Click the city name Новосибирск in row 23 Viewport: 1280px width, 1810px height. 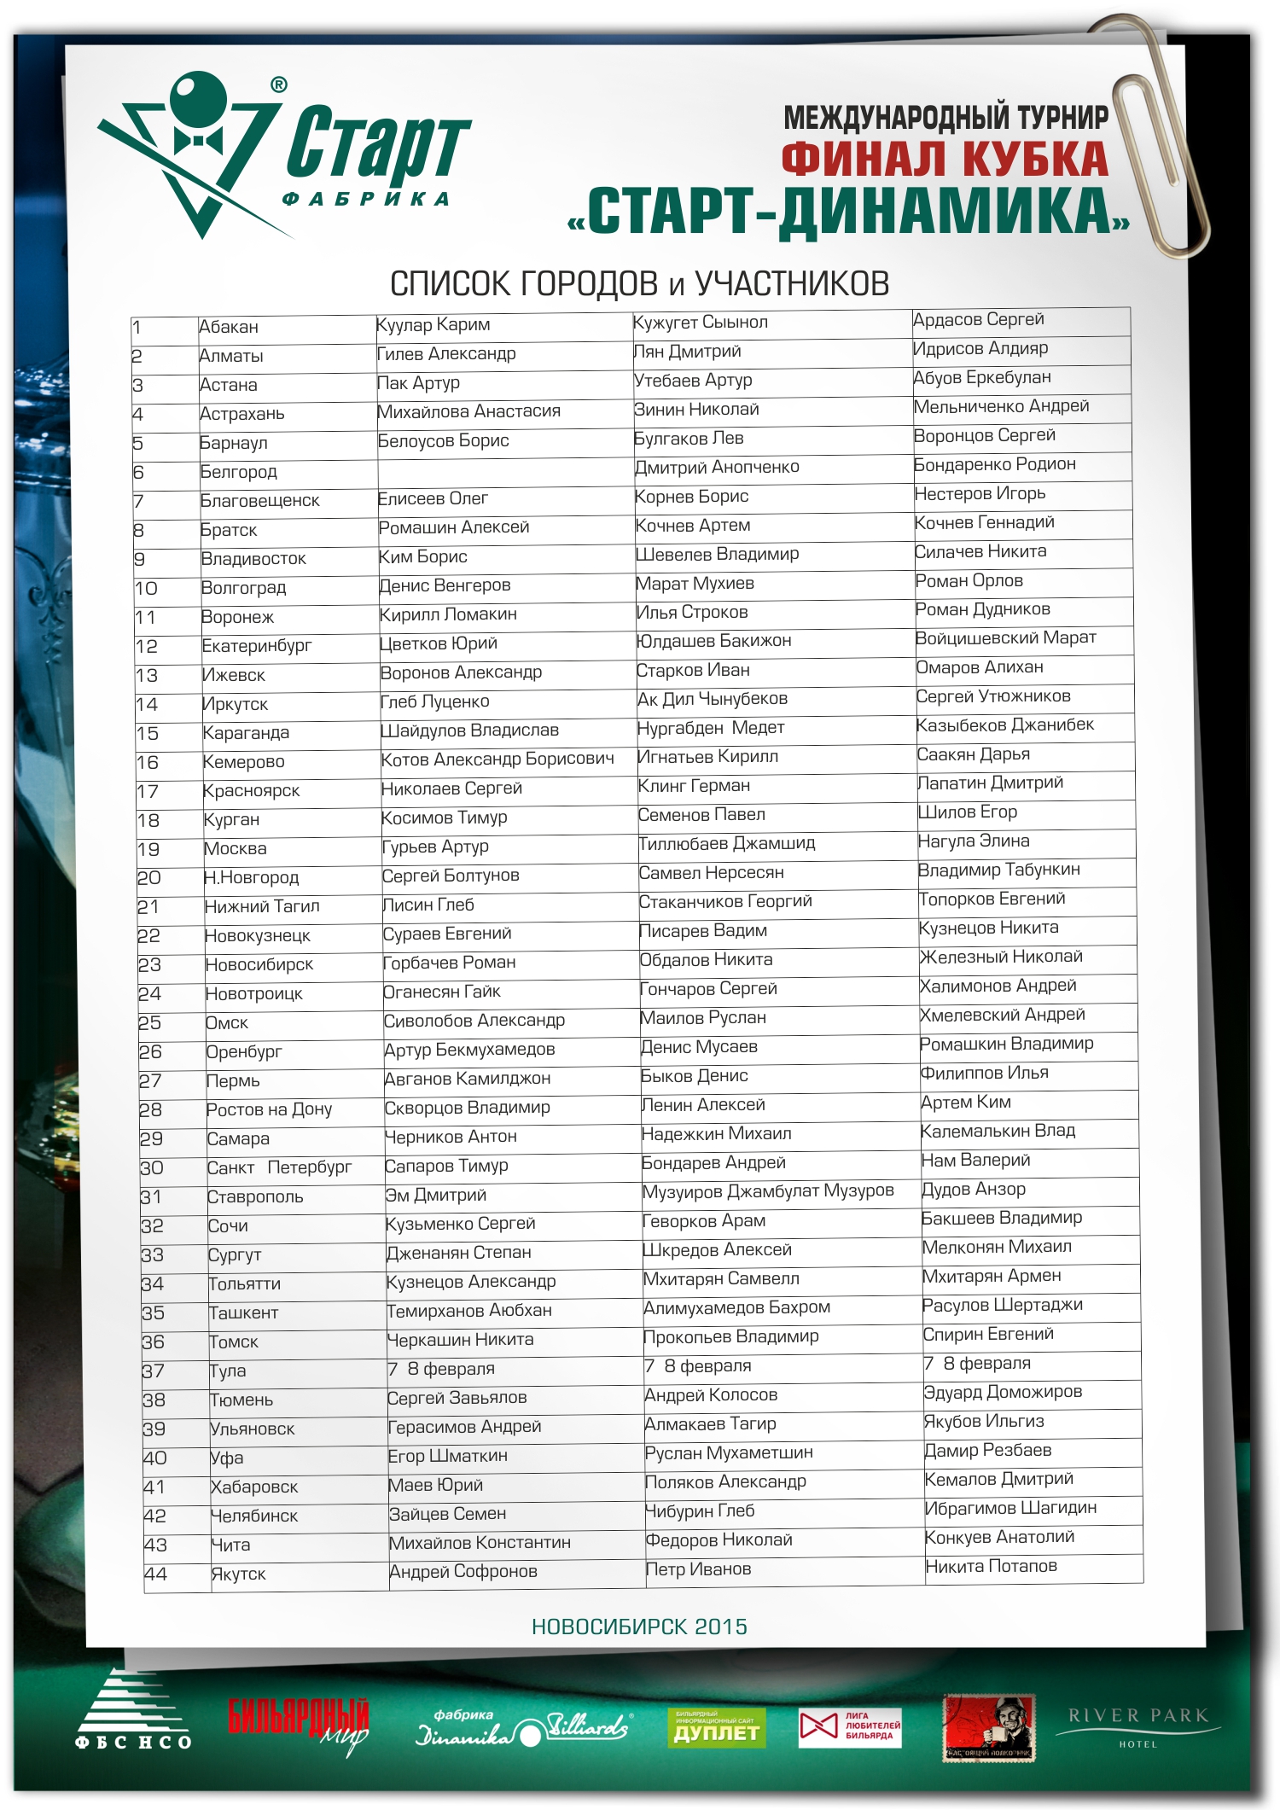pyautogui.click(x=259, y=964)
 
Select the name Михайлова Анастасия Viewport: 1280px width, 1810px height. pyautogui.click(x=468, y=411)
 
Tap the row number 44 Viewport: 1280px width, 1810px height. pyautogui.click(x=155, y=1574)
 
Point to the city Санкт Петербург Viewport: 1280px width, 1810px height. pyautogui.click(x=279, y=1167)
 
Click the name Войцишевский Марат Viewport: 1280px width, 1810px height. pyautogui.click(x=1005, y=637)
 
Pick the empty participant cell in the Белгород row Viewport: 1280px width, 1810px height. pyautogui.click(x=503, y=471)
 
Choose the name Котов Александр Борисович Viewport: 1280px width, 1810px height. pyautogui.click(x=497, y=759)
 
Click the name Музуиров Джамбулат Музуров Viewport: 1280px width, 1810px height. pyautogui.click(x=768, y=1190)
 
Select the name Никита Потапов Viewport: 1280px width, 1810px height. pyautogui.click(x=991, y=1566)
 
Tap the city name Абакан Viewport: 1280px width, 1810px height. pyautogui.click(x=228, y=327)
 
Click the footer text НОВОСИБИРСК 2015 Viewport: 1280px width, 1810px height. pyautogui.click(x=639, y=1627)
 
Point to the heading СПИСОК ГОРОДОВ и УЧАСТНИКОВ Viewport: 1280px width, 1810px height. pyautogui.click(x=639, y=283)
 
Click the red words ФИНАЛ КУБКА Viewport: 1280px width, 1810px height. pyautogui.click(x=945, y=160)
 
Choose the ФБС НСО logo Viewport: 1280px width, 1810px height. pyautogui.click(x=133, y=1713)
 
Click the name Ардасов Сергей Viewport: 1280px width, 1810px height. pyautogui.click(x=978, y=319)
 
